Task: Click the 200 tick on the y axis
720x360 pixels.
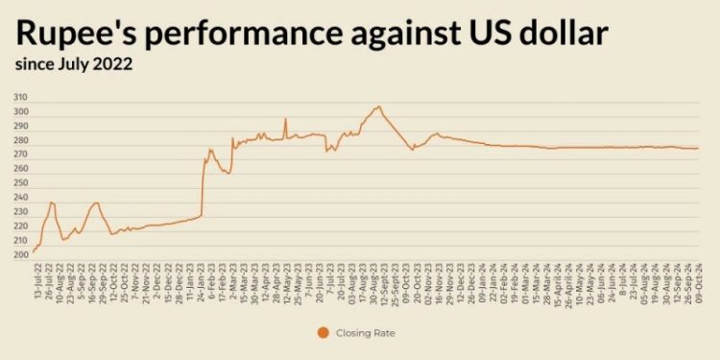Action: coord(21,255)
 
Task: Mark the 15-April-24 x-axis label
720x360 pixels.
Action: coord(556,281)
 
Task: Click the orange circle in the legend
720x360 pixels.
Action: coord(323,333)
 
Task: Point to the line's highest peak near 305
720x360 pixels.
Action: coord(378,107)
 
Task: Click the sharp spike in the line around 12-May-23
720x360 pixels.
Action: coord(285,119)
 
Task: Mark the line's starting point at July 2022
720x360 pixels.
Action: coord(34,252)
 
